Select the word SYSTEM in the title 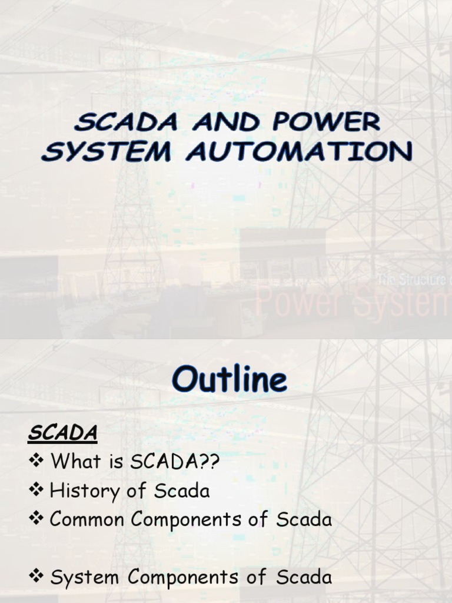(x=106, y=151)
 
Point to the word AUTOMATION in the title (x=299, y=151)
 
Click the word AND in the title (x=230, y=123)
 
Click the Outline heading (x=230, y=380)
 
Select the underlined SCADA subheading (x=63, y=433)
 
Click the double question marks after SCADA (x=209, y=462)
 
